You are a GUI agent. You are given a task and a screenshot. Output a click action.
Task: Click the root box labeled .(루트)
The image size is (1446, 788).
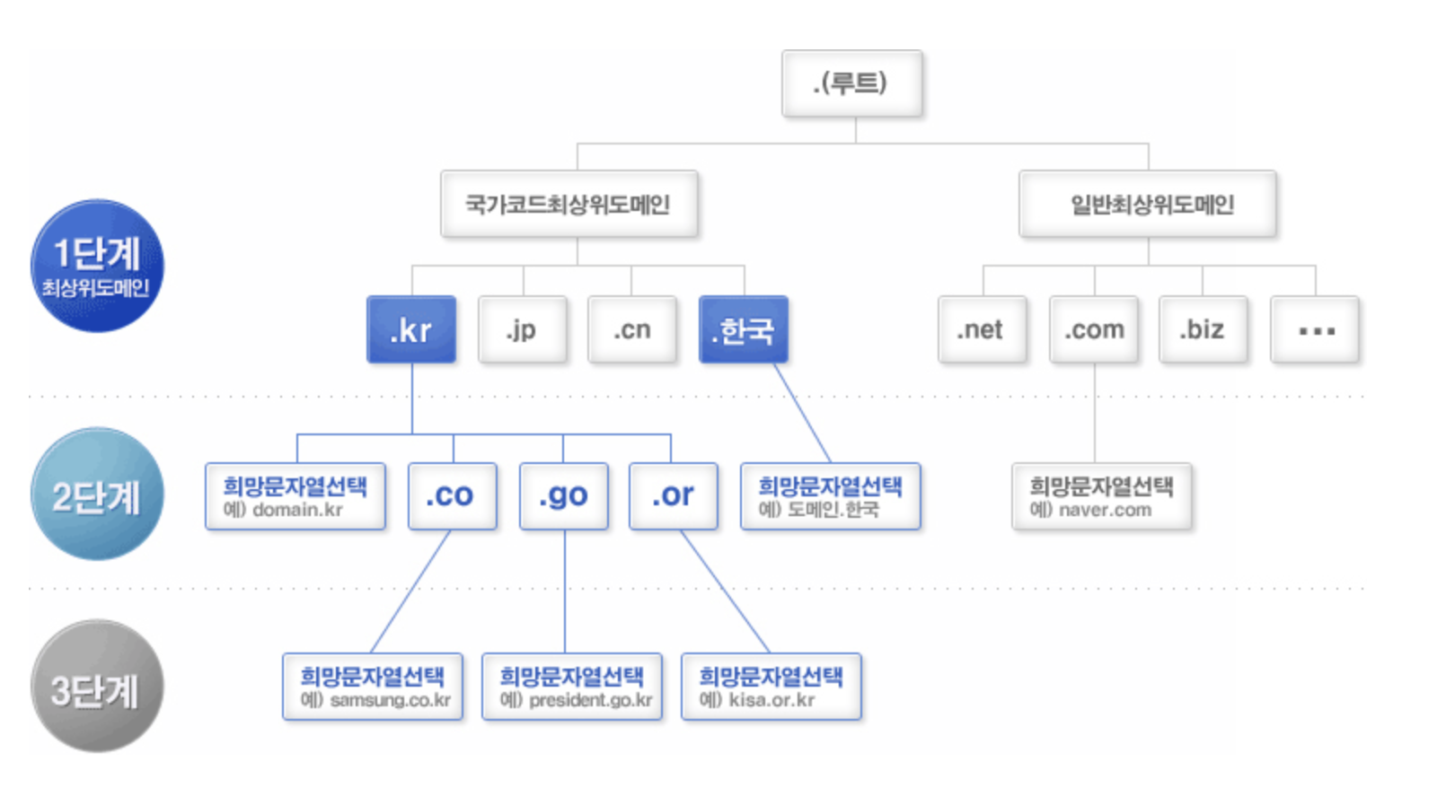851,83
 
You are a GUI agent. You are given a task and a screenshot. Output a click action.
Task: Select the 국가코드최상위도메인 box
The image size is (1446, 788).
569,204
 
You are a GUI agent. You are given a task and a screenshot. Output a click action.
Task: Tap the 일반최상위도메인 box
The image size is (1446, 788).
1147,204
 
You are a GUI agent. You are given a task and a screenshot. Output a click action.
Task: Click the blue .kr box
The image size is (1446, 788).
411,329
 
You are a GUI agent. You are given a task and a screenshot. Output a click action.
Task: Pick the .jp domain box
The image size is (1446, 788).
522,329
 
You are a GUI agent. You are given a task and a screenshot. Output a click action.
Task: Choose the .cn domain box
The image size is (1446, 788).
632,329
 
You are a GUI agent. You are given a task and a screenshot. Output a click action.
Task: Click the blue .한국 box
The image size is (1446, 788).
743,329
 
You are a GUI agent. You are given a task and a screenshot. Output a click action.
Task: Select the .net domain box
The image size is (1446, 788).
982,329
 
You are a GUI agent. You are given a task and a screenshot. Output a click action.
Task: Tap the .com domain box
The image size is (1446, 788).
1094,329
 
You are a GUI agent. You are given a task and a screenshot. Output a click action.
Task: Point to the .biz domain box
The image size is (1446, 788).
1203,329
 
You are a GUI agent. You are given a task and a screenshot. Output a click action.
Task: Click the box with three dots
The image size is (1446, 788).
1315,329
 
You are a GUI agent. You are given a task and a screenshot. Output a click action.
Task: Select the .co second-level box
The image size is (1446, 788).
452,495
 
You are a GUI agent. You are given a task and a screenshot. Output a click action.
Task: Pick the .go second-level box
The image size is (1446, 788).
563,495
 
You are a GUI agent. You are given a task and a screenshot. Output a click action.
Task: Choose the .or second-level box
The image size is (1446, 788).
674,495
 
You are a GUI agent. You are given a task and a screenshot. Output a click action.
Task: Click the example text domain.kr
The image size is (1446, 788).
297,510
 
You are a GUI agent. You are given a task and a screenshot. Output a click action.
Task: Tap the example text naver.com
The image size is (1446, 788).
1105,510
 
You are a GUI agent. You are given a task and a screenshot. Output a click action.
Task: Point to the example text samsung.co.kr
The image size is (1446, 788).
390,700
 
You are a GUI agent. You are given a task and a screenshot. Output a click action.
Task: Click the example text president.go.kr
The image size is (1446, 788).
590,700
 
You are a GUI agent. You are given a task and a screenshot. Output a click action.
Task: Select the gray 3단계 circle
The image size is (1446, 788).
97,687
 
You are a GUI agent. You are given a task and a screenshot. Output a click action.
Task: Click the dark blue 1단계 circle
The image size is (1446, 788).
97,266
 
